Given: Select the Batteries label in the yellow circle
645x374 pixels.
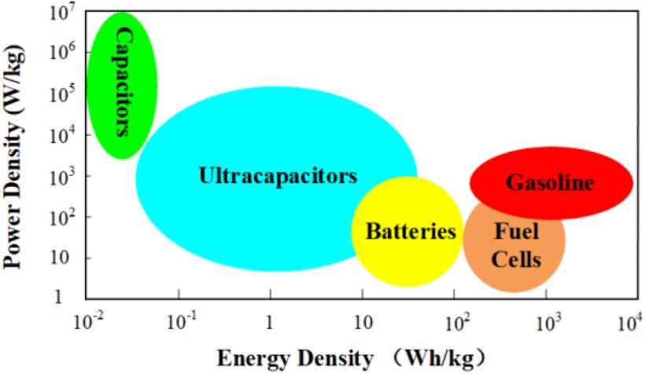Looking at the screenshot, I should coord(411,232).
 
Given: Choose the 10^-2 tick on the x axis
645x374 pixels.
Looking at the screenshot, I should coord(87,321).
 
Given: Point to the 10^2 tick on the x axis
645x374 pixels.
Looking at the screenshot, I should coord(454,321).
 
